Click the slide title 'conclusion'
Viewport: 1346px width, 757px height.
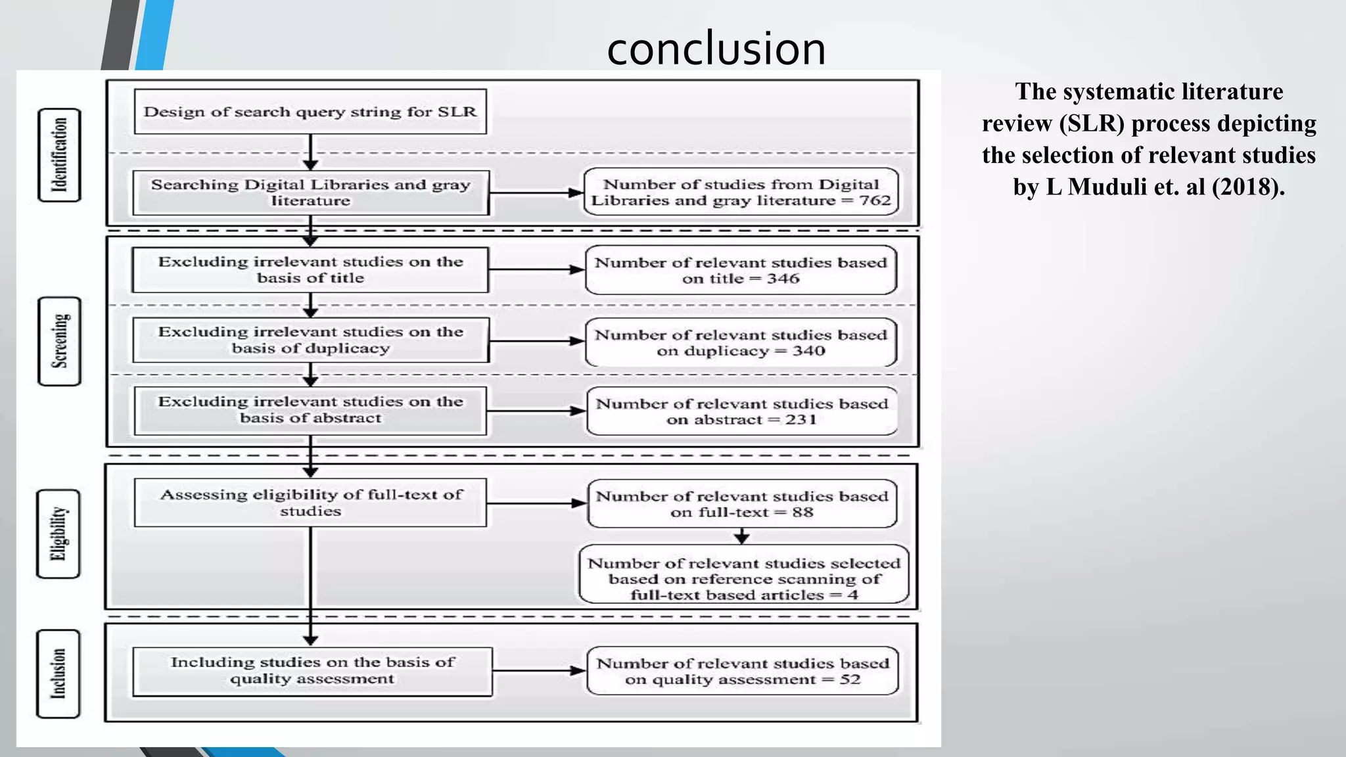[x=716, y=49]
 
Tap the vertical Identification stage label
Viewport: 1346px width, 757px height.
[x=59, y=155]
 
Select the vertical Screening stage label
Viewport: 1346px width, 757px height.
[x=60, y=341]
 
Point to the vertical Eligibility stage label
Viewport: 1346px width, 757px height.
[x=58, y=534]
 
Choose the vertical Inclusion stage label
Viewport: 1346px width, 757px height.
[x=58, y=674]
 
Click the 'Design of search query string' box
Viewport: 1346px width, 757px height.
[x=310, y=112]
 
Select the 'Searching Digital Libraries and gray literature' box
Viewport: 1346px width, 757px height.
[x=310, y=193]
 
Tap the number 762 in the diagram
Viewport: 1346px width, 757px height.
[x=875, y=200]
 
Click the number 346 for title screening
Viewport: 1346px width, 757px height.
[x=783, y=279]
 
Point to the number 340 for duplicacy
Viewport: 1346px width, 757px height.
[x=808, y=351]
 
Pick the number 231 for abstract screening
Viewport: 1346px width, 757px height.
[x=801, y=420]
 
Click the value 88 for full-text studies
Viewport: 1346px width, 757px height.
[x=802, y=513]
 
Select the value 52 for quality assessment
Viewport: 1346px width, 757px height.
[x=850, y=679]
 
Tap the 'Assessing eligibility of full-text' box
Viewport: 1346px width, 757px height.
[x=310, y=503]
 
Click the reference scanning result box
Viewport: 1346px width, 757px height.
[x=743, y=574]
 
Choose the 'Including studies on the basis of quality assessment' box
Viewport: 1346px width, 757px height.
[x=312, y=671]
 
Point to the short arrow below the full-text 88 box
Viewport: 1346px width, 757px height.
[x=742, y=536]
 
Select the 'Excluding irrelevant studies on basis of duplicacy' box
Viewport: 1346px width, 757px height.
[x=310, y=340]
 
